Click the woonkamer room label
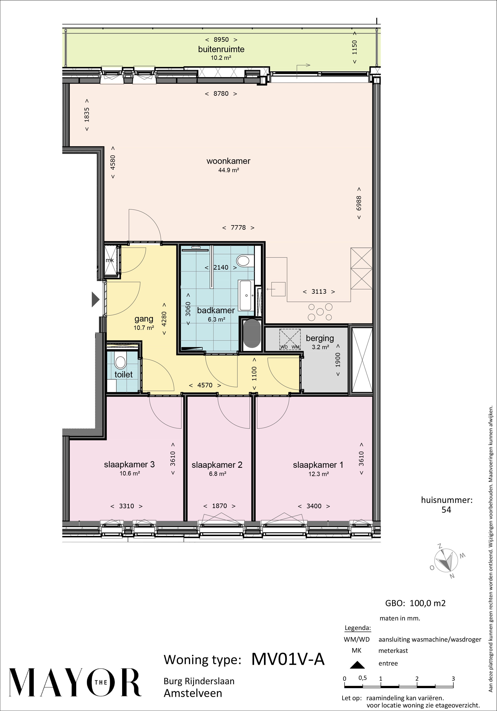(228, 161)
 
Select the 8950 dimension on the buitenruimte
(221, 40)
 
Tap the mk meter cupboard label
(110, 260)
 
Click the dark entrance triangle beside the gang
(95, 300)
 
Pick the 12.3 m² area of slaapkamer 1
(318, 474)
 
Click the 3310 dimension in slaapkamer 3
(127, 506)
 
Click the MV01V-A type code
(288, 659)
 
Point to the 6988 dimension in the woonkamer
(359, 203)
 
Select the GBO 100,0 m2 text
(415, 603)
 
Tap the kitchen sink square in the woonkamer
(278, 289)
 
